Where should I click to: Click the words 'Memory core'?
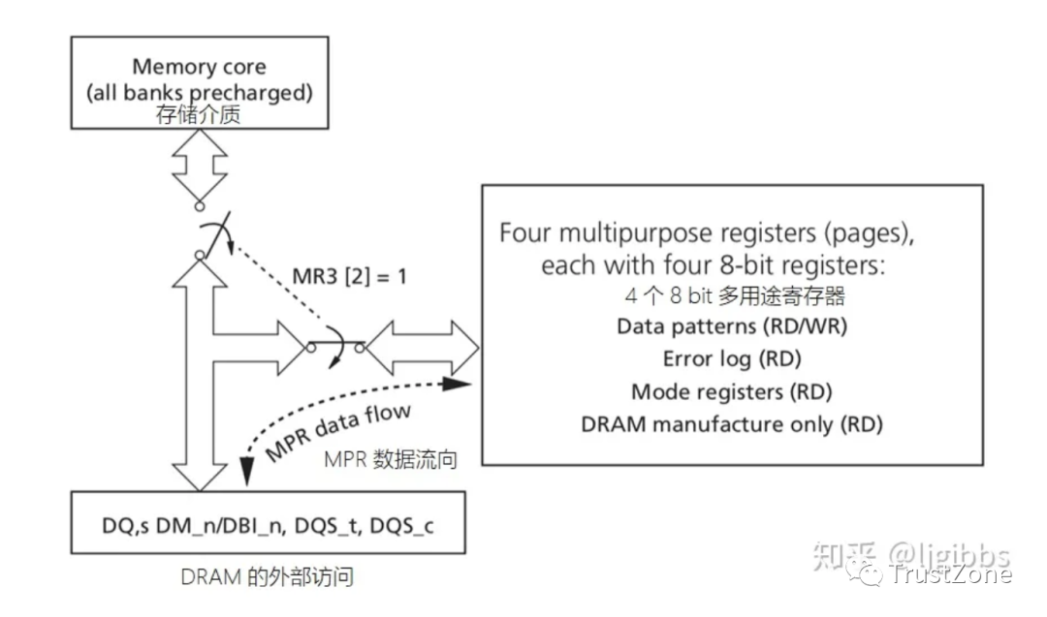pyautogui.click(x=199, y=67)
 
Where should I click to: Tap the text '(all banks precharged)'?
pyautogui.click(x=199, y=92)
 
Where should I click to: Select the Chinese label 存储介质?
pyautogui.click(x=199, y=114)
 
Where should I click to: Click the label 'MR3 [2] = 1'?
pyautogui.click(x=349, y=276)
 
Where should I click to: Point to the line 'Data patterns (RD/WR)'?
pyautogui.click(x=732, y=326)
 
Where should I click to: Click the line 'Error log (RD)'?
pyautogui.click(x=732, y=358)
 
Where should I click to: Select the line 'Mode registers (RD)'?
pyautogui.click(x=732, y=391)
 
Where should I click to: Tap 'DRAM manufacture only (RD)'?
pyautogui.click(x=732, y=424)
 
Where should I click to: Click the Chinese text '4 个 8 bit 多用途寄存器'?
pyautogui.click(x=735, y=295)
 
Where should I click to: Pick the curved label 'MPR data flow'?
pyautogui.click(x=337, y=432)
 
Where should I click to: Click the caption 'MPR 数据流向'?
pyautogui.click(x=391, y=459)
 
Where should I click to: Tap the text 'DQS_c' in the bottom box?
pyautogui.click(x=401, y=526)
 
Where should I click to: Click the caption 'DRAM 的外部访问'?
pyautogui.click(x=268, y=577)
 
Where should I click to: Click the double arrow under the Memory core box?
pyautogui.click(x=200, y=166)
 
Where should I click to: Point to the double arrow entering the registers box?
pyautogui.click(x=423, y=348)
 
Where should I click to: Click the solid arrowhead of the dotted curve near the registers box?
pyautogui.click(x=458, y=383)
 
